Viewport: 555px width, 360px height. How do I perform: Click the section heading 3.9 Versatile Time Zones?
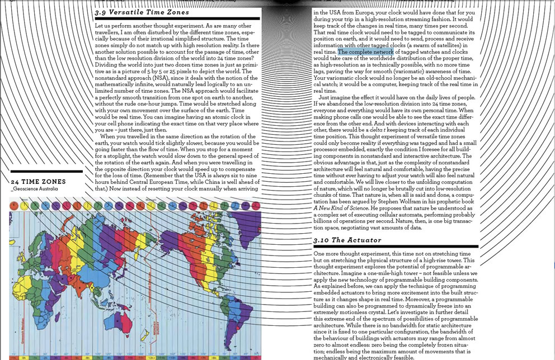(142, 12)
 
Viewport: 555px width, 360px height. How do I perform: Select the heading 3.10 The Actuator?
(347, 240)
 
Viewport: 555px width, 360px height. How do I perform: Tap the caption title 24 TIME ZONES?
(38, 182)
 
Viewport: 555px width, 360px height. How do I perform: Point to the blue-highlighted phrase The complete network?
(365, 51)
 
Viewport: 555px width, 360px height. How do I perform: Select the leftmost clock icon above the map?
(13, 206)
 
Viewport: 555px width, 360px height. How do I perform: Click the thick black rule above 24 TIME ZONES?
(46, 172)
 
